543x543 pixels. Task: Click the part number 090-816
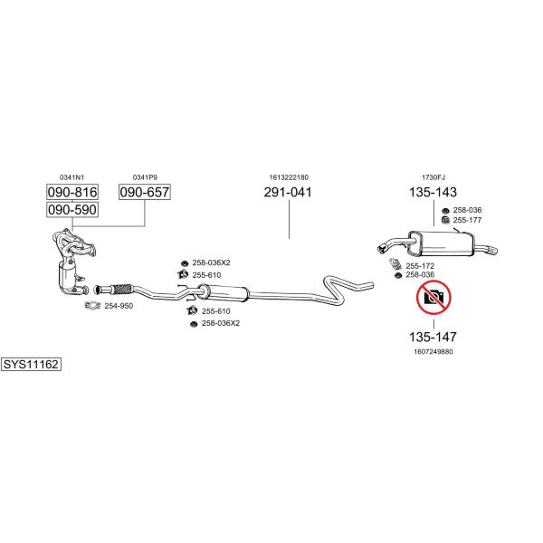71,192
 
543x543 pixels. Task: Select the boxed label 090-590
71,209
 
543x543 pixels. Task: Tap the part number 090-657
145,192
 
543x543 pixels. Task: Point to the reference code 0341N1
71,177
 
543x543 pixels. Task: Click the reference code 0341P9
145,177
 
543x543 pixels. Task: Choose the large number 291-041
288,192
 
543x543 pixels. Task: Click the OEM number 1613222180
288,177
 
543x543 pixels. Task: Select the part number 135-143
433,192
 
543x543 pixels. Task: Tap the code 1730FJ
432,177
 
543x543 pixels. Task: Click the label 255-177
468,220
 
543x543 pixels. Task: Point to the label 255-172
420,265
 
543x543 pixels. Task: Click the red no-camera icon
433,296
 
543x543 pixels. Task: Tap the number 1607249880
433,351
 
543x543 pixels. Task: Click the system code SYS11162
31,365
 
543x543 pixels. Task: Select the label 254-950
119,306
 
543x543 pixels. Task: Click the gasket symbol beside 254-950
92,306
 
